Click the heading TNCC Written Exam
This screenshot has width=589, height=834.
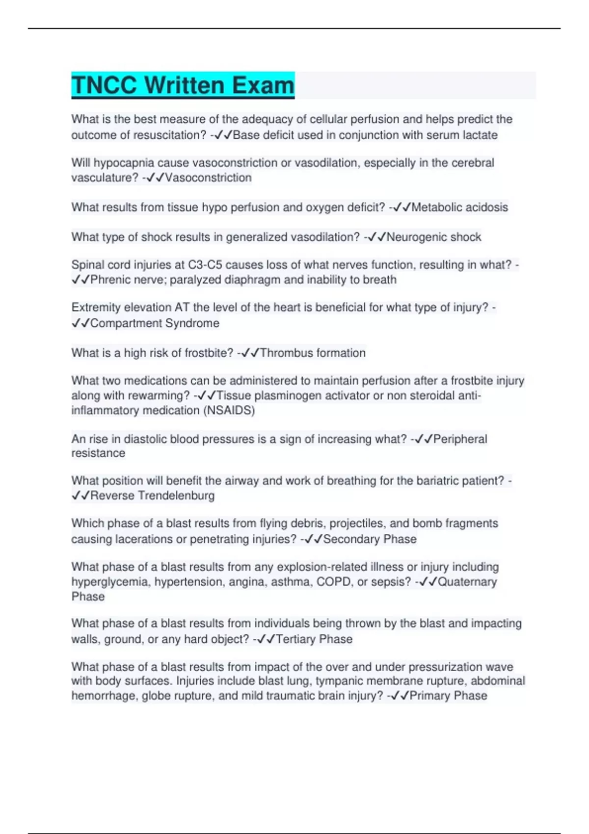coord(183,85)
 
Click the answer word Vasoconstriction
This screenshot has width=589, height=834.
coord(208,178)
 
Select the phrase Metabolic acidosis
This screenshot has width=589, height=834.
coord(459,208)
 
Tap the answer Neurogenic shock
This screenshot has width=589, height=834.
coord(434,237)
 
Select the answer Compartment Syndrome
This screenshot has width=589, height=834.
coord(155,323)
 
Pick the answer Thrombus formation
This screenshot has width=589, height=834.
coord(313,353)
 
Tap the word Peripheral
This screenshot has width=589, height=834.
coord(460,439)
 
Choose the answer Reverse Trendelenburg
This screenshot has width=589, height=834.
coord(152,496)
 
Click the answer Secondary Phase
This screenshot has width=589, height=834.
coord(370,539)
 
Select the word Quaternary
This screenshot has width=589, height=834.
coord(467,582)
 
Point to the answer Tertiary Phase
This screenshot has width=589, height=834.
coord(314,639)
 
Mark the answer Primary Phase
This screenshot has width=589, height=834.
coord(448,696)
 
